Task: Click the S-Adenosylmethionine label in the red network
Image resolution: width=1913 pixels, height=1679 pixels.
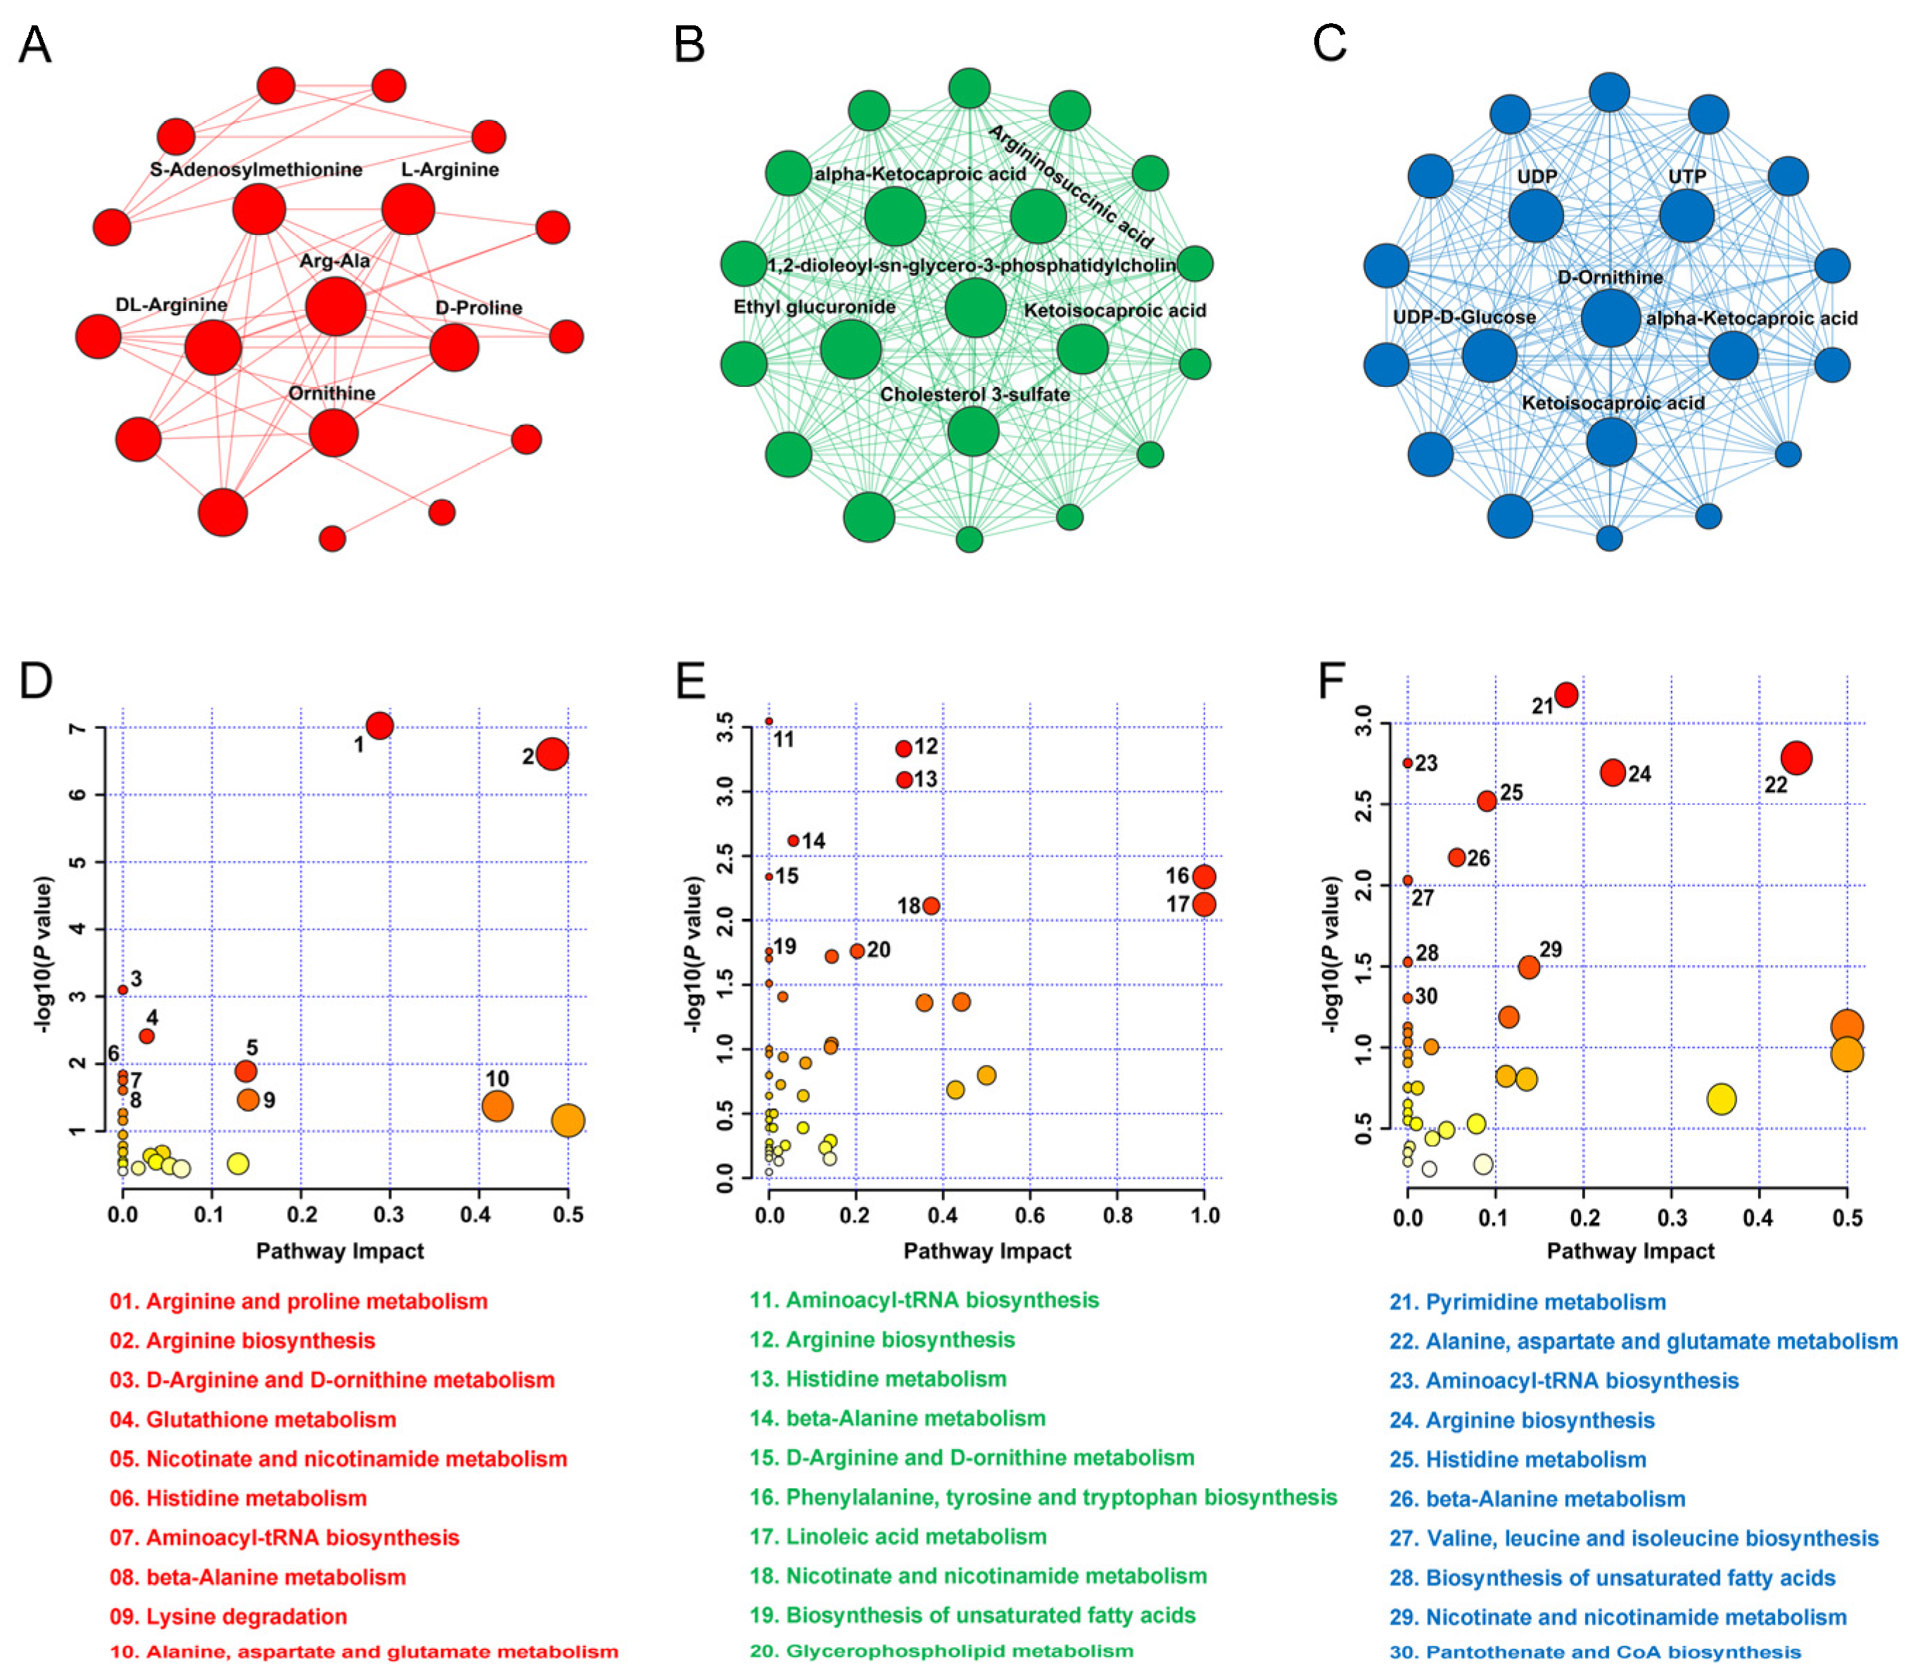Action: [x=255, y=170]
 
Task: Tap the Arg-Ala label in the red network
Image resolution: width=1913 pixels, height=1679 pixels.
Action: [x=334, y=261]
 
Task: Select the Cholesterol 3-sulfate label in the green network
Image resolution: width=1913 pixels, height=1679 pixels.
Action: [x=974, y=394]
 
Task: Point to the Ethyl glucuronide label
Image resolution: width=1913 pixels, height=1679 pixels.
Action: [x=814, y=307]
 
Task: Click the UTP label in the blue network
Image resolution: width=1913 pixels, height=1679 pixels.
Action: [x=1686, y=176]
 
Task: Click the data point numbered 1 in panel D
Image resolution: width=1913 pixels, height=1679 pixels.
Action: [x=379, y=725]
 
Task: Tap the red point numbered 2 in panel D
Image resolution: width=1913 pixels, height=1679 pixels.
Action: [x=552, y=753]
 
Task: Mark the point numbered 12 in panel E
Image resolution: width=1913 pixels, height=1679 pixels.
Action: [x=903, y=748]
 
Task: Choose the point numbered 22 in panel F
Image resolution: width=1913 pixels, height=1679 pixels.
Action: [x=1796, y=758]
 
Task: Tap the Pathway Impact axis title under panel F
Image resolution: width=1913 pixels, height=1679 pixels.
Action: [x=1630, y=1251]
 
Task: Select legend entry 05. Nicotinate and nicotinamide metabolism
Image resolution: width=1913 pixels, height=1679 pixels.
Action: [x=338, y=1458]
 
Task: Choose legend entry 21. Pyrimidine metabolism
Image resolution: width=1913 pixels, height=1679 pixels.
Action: [x=1527, y=1302]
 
